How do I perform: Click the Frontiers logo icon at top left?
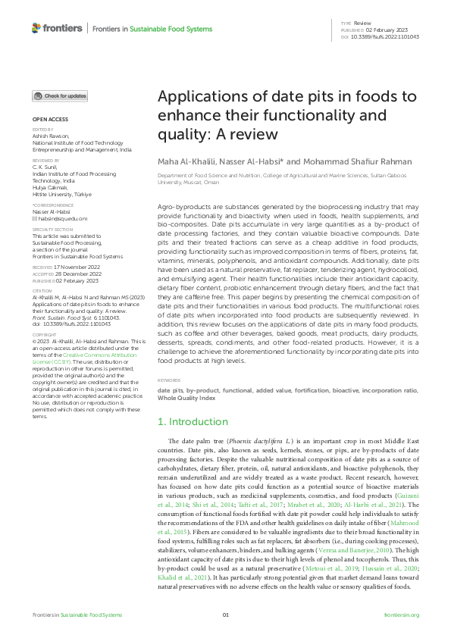point(36,28)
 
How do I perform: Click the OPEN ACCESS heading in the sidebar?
point(50,120)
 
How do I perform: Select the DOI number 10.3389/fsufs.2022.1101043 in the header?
point(386,37)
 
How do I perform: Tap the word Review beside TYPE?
point(362,24)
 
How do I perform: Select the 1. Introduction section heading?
point(192,421)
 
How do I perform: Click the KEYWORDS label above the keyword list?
point(169,380)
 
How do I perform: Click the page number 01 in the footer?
point(225,615)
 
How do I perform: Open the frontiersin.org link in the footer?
point(402,615)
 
